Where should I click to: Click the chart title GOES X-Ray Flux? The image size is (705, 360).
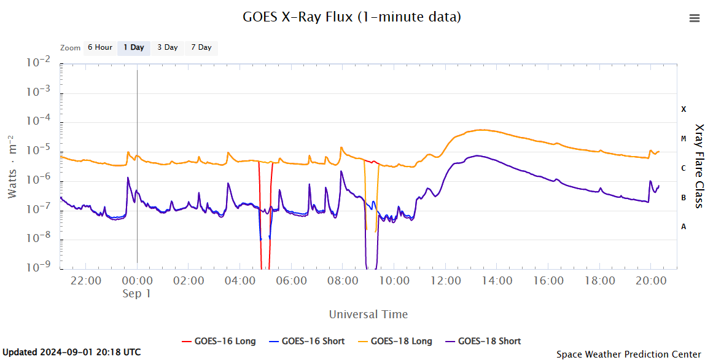click(x=352, y=17)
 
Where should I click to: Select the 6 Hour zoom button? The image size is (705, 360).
click(x=99, y=47)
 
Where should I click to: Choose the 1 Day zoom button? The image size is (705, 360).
click(x=133, y=47)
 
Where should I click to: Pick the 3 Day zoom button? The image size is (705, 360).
click(x=167, y=47)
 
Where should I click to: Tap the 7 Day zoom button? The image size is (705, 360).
click(x=201, y=47)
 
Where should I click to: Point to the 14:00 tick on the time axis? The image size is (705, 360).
click(x=497, y=281)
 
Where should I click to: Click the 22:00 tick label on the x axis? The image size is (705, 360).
click(x=86, y=281)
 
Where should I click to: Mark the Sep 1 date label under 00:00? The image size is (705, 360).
click(x=136, y=294)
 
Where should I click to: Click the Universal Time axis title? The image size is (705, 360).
click(x=368, y=315)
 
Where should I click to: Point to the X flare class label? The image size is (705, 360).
click(x=684, y=109)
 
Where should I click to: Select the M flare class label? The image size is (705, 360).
click(x=684, y=139)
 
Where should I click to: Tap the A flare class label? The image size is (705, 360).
click(x=684, y=227)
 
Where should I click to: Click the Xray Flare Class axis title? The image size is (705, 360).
click(x=698, y=166)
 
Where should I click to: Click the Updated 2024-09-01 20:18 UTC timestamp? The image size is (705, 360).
click(x=72, y=352)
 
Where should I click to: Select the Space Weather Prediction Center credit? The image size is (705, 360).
click(x=628, y=354)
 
